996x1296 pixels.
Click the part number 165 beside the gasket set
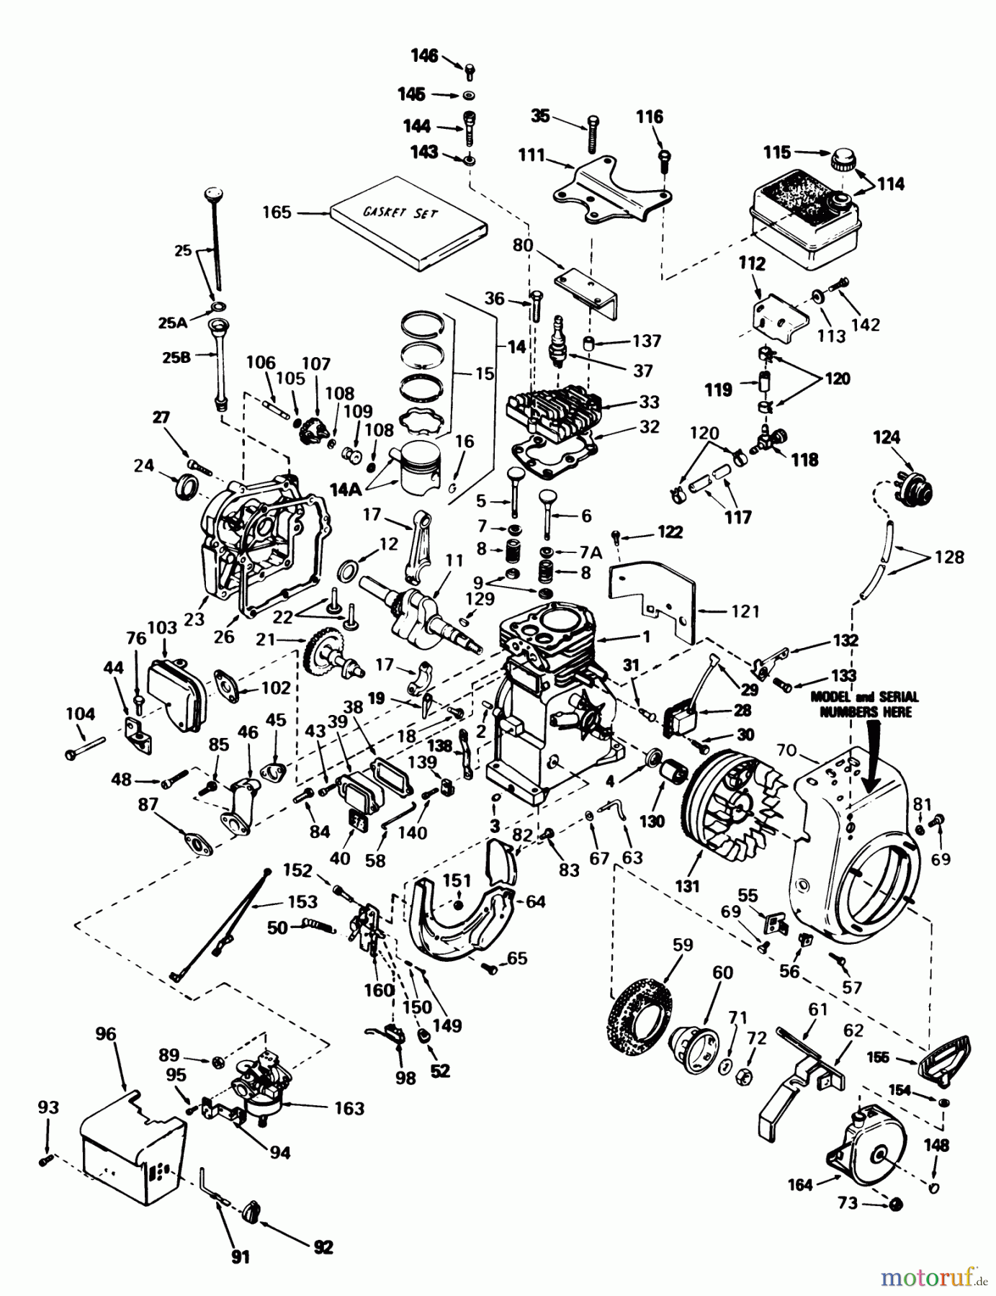(x=277, y=212)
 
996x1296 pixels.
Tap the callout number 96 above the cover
(x=106, y=1035)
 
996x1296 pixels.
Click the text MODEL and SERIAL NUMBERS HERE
(x=864, y=704)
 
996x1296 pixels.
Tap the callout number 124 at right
(x=887, y=438)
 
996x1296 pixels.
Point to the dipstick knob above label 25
(x=212, y=194)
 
